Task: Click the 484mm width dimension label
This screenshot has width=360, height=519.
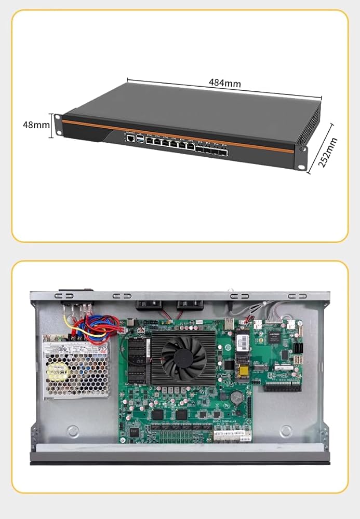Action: [x=225, y=82]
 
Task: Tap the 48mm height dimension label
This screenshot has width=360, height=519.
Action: [x=35, y=125]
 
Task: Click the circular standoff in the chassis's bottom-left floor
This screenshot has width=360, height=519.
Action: [x=73, y=430]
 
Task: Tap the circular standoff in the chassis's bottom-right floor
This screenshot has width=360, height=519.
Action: [x=286, y=430]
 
